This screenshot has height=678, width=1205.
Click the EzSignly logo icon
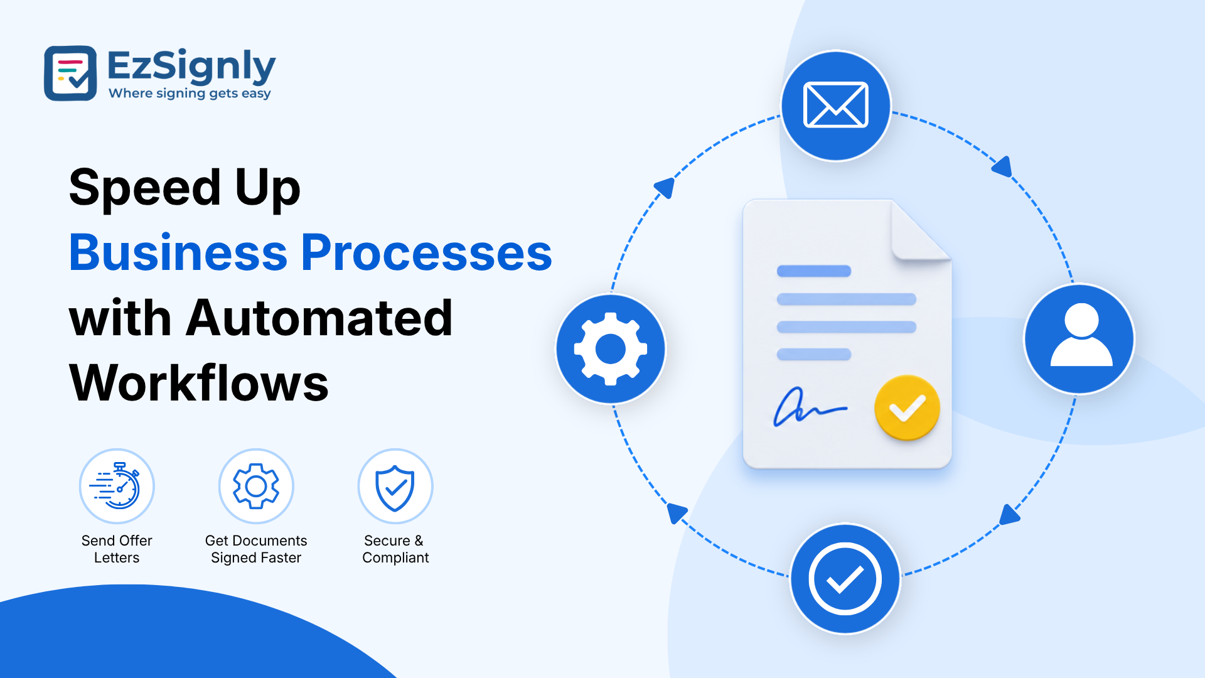tap(70, 73)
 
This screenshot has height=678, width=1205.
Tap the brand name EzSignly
tap(191, 66)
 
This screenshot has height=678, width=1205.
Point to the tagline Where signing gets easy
tap(190, 94)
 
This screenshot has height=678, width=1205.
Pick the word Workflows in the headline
tap(199, 383)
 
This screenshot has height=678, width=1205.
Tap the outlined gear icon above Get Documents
tap(256, 486)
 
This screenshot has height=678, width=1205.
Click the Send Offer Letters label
tap(117, 549)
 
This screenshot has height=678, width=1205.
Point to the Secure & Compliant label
tap(395, 549)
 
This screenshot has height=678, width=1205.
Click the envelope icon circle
tap(836, 105)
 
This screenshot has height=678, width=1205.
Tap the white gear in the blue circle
tap(611, 348)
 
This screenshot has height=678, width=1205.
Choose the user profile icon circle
tap(1079, 339)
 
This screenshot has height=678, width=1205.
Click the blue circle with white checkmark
tap(845, 579)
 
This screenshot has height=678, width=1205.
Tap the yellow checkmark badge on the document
tap(907, 407)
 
